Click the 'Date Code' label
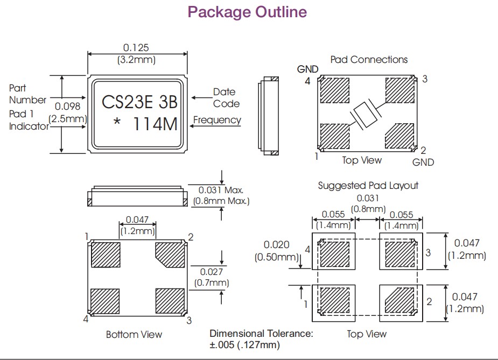click(x=226, y=97)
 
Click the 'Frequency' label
click(x=217, y=119)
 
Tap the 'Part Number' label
click(x=27, y=94)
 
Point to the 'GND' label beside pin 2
click(x=423, y=162)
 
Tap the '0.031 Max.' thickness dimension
click(x=221, y=190)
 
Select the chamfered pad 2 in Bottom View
click(x=170, y=255)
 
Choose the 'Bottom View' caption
click(x=134, y=335)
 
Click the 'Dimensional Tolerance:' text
click(x=261, y=333)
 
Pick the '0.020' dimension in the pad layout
click(x=277, y=245)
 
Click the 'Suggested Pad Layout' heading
click(x=368, y=185)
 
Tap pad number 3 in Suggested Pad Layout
click(x=429, y=252)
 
